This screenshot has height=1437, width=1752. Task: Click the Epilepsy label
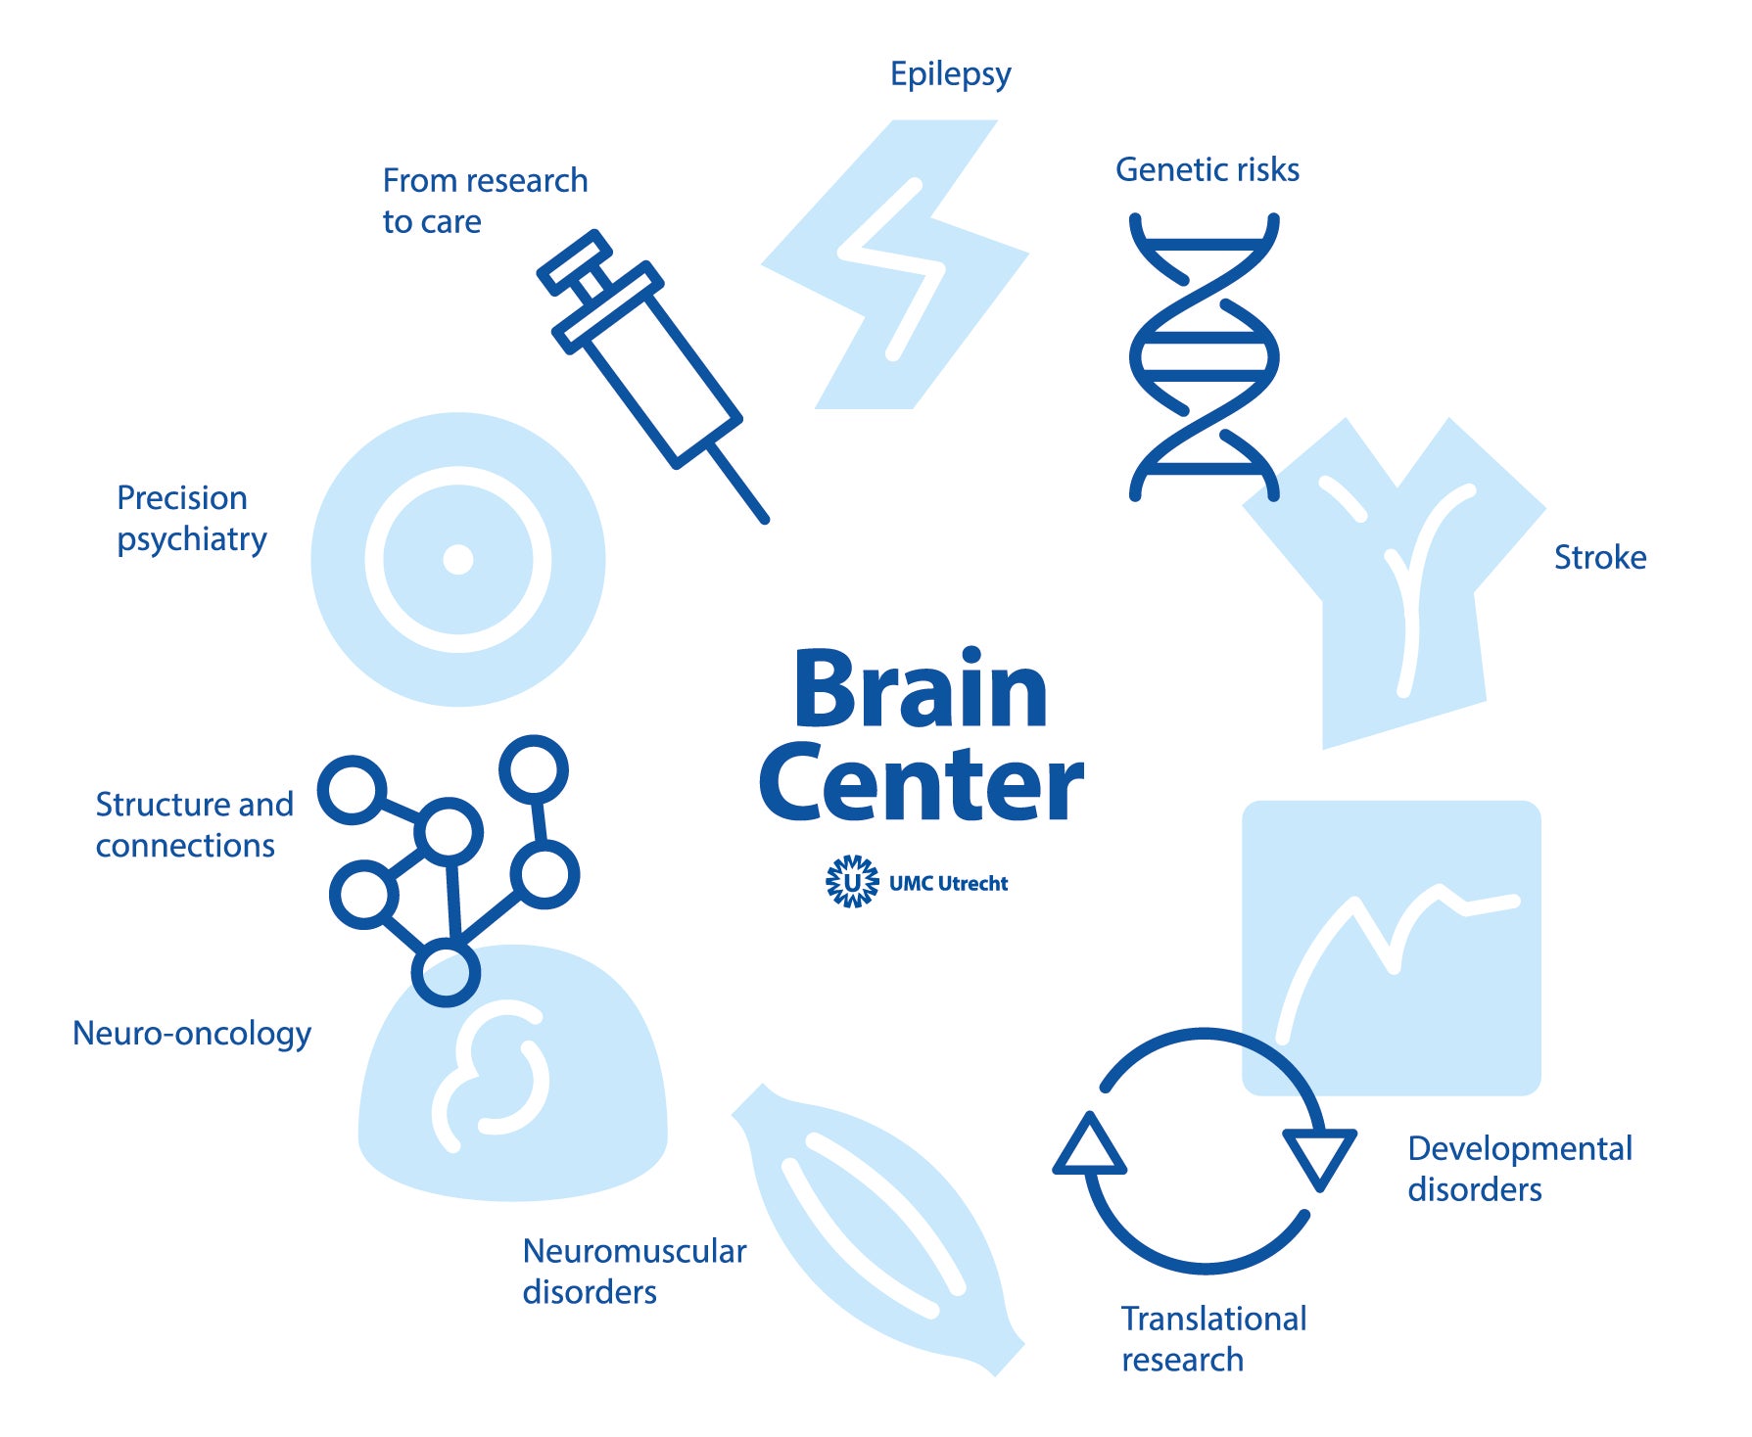click(x=950, y=75)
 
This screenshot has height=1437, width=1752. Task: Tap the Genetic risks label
click(x=1207, y=169)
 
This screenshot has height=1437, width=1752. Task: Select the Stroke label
click(x=1600, y=557)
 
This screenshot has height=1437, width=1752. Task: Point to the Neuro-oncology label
click(x=192, y=1034)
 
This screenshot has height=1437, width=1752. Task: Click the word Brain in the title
click(x=920, y=689)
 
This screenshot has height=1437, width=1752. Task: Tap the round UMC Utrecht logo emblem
click(x=852, y=882)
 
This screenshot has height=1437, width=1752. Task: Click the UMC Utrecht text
click(x=948, y=883)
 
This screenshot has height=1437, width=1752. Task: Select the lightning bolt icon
click(x=894, y=264)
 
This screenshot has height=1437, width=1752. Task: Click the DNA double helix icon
click(x=1204, y=356)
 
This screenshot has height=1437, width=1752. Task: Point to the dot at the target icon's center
click(x=457, y=560)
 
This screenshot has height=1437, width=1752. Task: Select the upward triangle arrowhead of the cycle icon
click(x=1089, y=1145)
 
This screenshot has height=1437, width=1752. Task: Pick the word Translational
click(x=1213, y=1319)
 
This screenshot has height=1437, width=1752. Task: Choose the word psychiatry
click(x=192, y=540)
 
